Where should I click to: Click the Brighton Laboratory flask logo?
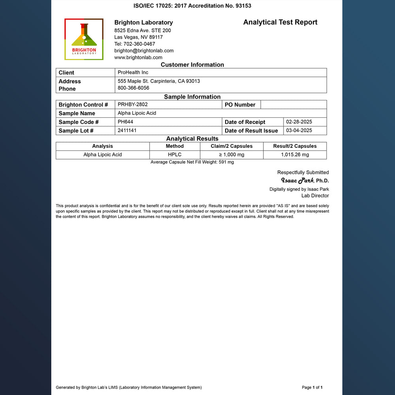click(84, 39)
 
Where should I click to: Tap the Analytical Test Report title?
click(280, 22)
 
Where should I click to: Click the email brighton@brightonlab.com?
click(144, 51)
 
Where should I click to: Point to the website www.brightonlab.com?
click(138, 57)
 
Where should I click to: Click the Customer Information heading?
click(192, 65)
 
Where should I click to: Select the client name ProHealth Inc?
click(133, 72)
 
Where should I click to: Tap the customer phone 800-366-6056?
click(134, 88)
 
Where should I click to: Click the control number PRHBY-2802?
click(133, 104)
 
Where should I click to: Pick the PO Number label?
click(240, 105)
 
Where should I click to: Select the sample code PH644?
click(125, 122)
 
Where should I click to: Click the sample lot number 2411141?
click(127, 130)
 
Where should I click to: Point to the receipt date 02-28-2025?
click(299, 122)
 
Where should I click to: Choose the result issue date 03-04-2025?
click(299, 130)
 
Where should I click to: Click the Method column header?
click(175, 146)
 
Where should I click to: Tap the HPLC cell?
click(175, 154)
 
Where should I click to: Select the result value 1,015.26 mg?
click(295, 154)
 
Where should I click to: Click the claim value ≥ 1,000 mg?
click(231, 154)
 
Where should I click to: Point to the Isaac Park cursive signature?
click(297, 181)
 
